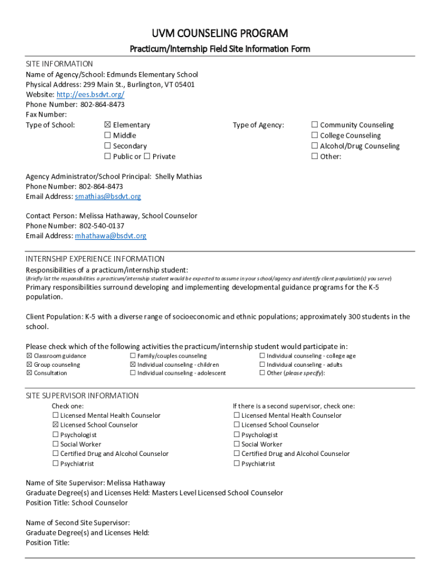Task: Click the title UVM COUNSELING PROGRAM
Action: click(219, 33)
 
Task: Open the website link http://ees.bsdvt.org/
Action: click(90, 94)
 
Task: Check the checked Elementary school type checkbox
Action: click(107, 125)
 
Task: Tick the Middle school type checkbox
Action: click(107, 135)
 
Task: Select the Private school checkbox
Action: click(147, 157)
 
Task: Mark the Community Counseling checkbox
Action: click(314, 125)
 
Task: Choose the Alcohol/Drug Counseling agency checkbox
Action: click(314, 146)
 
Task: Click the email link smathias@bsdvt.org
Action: click(107, 197)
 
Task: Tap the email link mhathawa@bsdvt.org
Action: click(110, 235)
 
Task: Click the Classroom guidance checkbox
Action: click(29, 356)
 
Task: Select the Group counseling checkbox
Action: click(29, 364)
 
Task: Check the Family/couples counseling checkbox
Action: click(133, 356)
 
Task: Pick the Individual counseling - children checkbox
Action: click(133, 364)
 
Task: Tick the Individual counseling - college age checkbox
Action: click(262, 356)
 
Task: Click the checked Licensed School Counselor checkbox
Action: click(55, 425)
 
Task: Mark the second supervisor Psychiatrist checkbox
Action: click(237, 464)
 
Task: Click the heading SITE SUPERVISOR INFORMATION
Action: click(82, 395)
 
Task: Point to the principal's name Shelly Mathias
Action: click(178, 177)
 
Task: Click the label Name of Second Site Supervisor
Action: click(78, 523)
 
